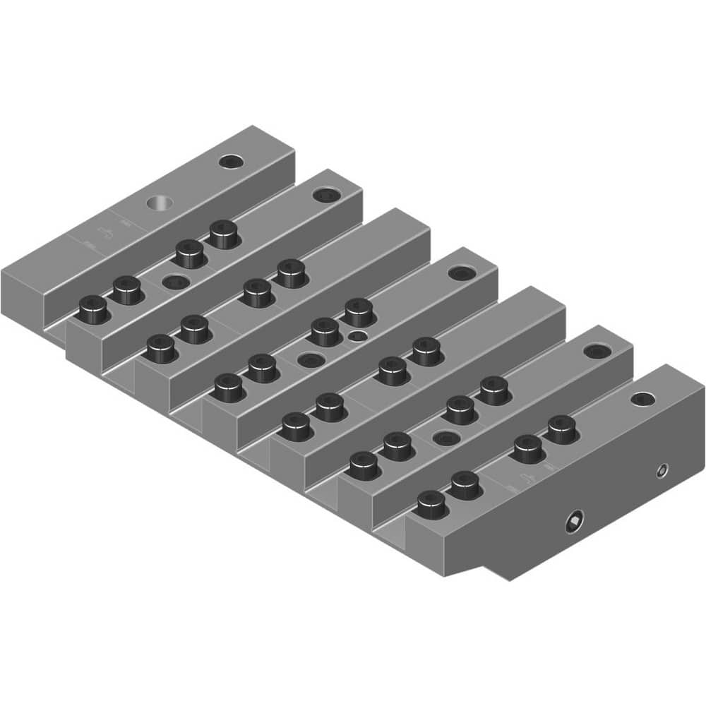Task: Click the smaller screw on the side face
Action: [662, 470]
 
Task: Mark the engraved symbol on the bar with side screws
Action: [523, 480]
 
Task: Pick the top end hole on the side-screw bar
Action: [642, 400]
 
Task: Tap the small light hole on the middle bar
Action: [360, 335]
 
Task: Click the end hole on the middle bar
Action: [461, 273]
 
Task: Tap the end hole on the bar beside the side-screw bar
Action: [597, 352]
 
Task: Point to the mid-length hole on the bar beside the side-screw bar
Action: [445, 438]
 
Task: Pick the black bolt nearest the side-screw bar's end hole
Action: [562, 428]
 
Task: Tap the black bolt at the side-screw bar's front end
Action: [431, 503]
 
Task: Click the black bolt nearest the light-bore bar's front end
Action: [92, 308]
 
